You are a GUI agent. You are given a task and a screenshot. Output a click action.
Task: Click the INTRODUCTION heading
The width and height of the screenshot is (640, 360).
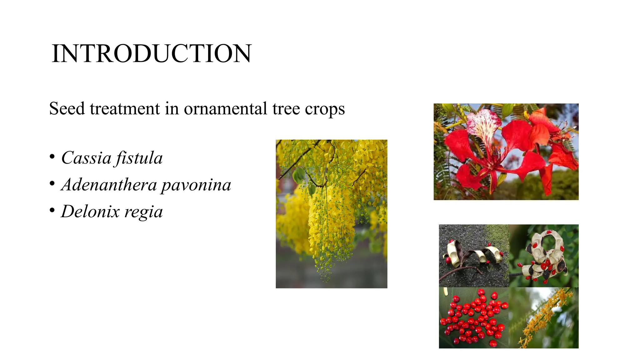pyautogui.click(x=151, y=54)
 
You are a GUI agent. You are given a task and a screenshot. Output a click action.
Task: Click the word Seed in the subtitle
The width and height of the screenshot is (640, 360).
pyautogui.click(x=67, y=109)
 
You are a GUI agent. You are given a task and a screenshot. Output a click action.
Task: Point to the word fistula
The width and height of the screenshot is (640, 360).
pyautogui.click(x=139, y=158)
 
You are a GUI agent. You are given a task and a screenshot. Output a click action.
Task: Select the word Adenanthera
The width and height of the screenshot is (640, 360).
pyautogui.click(x=109, y=185)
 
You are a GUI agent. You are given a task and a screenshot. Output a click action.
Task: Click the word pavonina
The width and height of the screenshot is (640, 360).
pyautogui.click(x=196, y=185)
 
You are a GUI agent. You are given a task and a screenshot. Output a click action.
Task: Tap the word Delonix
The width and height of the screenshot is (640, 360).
pyautogui.click(x=90, y=212)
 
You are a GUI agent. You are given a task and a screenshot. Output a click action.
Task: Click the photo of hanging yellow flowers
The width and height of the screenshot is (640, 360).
pyautogui.click(x=331, y=214)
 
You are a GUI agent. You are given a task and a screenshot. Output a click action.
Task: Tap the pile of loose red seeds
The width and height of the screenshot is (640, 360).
pyautogui.click(x=473, y=317)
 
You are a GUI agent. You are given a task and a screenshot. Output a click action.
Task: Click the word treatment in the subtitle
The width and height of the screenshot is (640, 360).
pyautogui.click(x=124, y=109)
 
